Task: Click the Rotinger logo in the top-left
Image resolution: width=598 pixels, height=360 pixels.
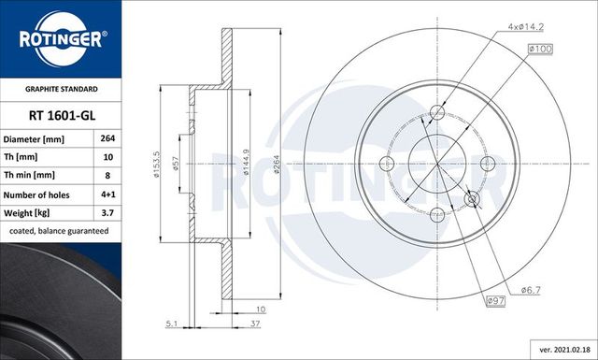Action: [x=61, y=38]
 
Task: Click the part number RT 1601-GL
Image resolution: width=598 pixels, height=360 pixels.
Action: [x=61, y=115]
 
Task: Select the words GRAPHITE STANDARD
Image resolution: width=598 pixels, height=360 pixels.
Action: [x=61, y=88]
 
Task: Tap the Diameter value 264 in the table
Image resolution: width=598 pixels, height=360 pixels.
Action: [x=107, y=139]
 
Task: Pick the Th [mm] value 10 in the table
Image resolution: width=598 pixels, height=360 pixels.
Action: [x=107, y=157]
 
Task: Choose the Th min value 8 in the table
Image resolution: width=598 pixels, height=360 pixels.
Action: [x=107, y=176]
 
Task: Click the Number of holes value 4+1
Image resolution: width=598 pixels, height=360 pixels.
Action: [x=107, y=194]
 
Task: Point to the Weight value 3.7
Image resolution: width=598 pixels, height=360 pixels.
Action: [x=107, y=212]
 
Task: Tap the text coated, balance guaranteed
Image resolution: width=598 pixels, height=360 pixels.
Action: [x=59, y=230]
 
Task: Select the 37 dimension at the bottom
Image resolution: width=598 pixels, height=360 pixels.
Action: [x=255, y=324]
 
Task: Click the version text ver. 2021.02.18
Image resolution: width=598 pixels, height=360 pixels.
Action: [x=558, y=348]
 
